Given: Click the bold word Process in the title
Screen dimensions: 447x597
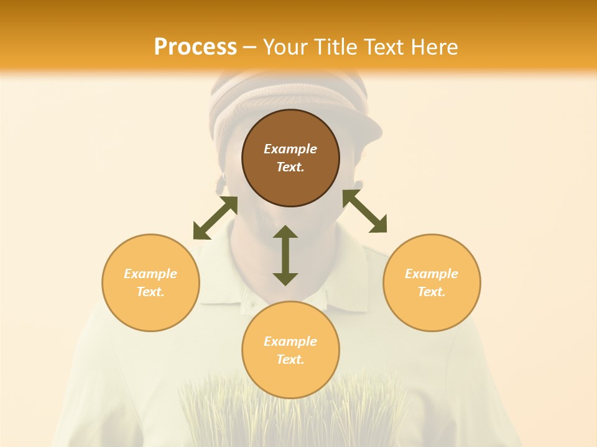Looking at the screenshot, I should (195, 47).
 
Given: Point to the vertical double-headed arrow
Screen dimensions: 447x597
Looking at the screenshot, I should (285, 256).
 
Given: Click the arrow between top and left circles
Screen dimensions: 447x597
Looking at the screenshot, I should (215, 218).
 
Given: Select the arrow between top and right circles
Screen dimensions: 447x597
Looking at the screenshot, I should (364, 211).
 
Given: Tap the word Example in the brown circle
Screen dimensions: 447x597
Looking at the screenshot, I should (290, 149).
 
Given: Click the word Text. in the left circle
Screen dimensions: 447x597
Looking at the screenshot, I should (150, 292).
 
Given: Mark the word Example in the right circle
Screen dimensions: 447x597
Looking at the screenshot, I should (432, 274).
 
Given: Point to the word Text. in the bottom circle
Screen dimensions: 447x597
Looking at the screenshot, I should (290, 359).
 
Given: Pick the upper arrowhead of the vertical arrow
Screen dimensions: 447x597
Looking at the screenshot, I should (285, 232).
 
